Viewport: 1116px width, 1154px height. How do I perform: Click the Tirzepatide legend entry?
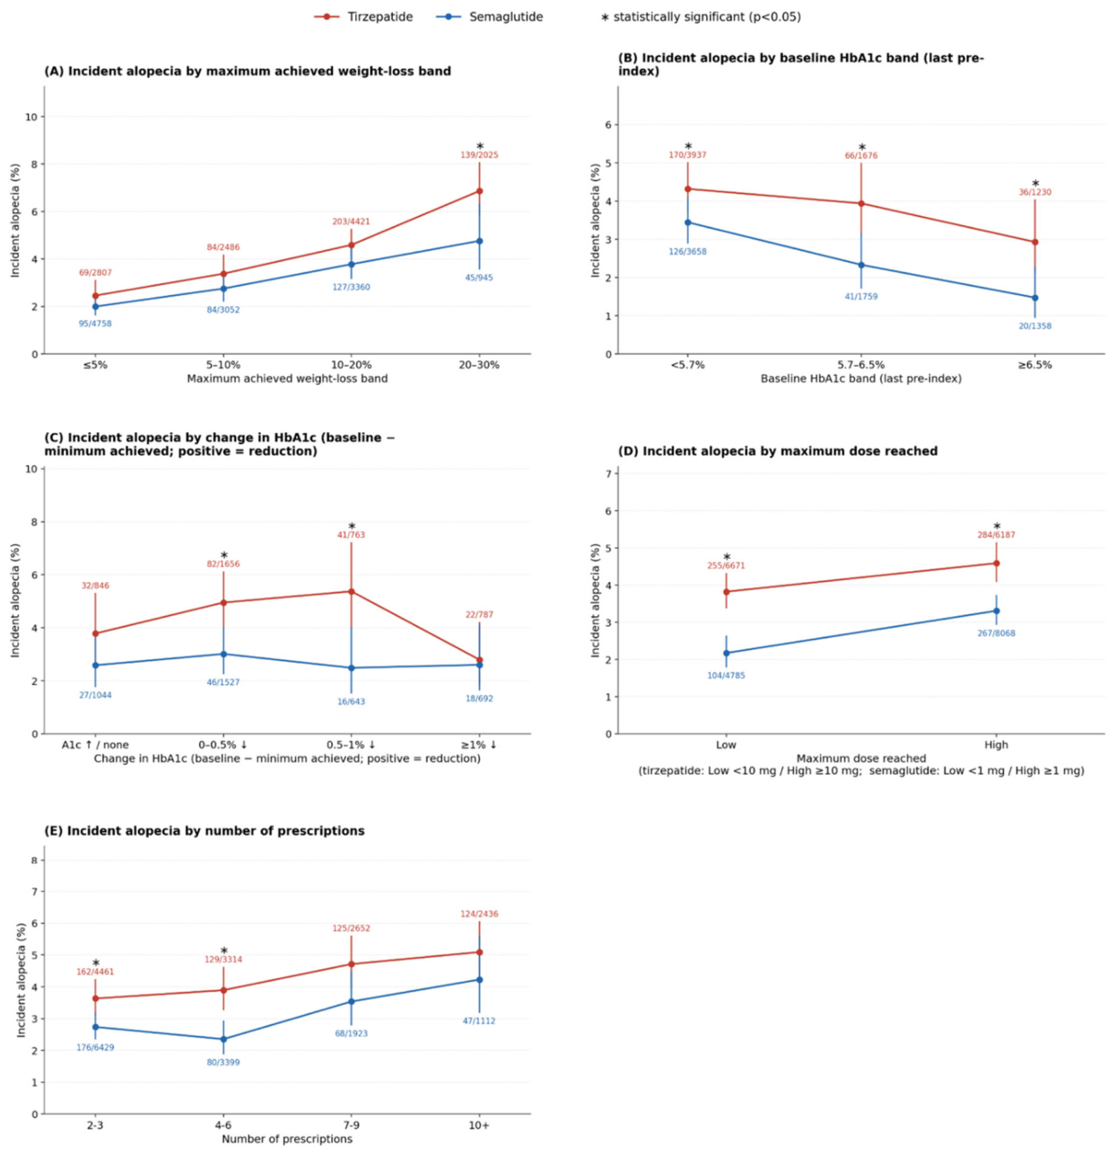point(363,17)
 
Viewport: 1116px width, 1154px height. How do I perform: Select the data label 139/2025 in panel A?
point(479,155)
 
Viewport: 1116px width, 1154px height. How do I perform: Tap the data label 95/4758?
point(95,324)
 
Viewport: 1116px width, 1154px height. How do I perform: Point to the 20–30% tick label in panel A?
point(479,365)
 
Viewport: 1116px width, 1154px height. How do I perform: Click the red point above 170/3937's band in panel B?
point(688,189)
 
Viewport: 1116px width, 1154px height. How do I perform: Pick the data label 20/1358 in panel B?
point(1034,326)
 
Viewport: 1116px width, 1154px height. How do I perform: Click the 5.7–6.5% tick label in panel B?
point(861,365)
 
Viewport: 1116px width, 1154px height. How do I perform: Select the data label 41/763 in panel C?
point(352,535)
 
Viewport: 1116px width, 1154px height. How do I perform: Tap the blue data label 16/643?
point(352,701)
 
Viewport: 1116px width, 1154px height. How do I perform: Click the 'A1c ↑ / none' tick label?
point(95,745)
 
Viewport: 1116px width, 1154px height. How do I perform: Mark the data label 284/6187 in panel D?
point(996,535)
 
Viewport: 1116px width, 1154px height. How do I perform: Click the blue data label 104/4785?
point(726,675)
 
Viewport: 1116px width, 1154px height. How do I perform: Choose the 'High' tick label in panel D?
point(996,745)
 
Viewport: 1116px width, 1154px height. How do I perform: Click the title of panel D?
point(778,451)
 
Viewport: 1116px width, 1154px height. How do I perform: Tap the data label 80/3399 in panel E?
point(223,1063)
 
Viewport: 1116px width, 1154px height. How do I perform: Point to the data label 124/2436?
point(479,914)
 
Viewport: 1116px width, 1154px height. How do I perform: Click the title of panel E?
point(205,831)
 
